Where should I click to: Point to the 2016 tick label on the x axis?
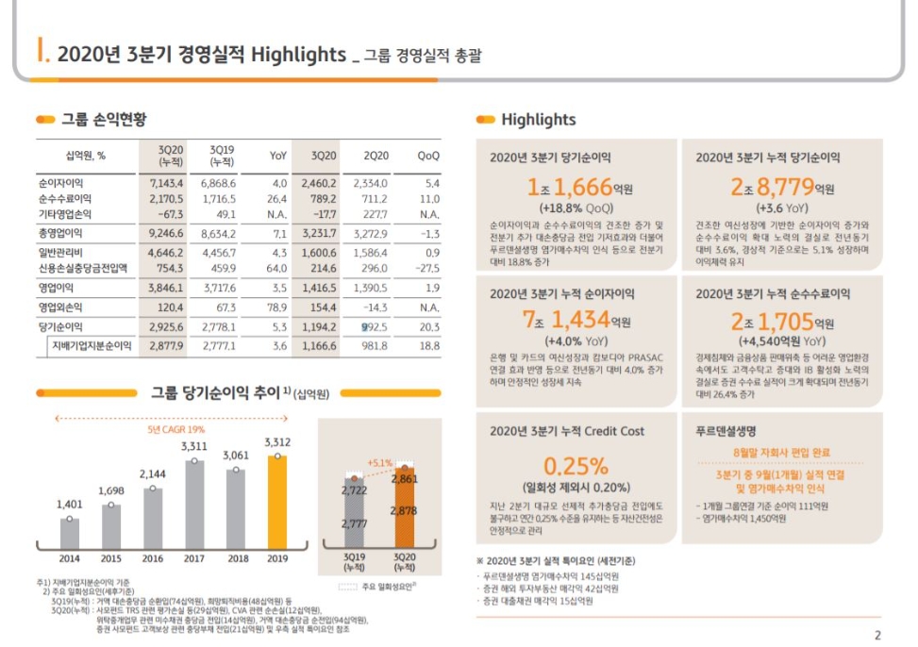(153, 558)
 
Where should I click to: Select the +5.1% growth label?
(379, 463)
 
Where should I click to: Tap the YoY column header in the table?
(278, 156)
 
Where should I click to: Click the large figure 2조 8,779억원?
(782, 188)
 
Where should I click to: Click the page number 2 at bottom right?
(877, 635)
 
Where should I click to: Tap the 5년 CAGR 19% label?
(176, 430)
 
